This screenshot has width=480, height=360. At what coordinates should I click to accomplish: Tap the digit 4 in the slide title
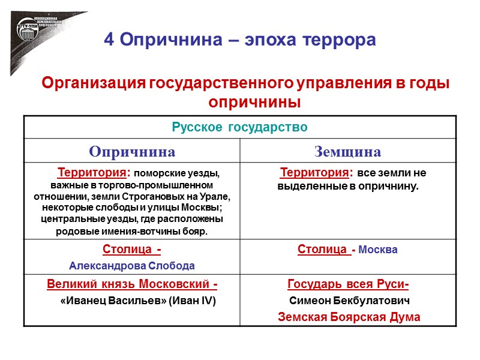point(109,40)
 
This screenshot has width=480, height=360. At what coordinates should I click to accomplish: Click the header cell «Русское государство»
point(239,127)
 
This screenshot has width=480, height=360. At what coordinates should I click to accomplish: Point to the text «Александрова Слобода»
point(131,265)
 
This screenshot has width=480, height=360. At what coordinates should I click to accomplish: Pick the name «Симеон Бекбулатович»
point(349,300)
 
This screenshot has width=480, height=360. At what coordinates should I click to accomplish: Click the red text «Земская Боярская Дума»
point(349,317)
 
